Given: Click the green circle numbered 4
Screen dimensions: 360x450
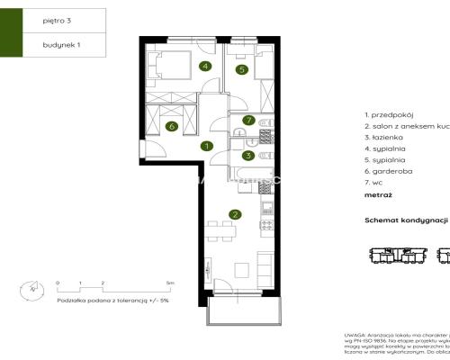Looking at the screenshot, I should tap(206, 67).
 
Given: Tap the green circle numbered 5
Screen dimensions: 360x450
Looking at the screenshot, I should tap(242, 69).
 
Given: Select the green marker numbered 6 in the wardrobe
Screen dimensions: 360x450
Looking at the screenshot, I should tap(172, 126).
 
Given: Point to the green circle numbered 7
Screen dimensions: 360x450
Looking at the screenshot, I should tap(247, 119).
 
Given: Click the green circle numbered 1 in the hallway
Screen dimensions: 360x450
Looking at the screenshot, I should tap(206, 146).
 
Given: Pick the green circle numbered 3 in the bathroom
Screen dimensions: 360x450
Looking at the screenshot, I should tap(247, 155).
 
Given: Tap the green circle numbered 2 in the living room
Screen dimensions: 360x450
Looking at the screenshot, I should tap(235, 214).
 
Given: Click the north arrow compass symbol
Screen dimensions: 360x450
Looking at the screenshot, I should tap(30, 291).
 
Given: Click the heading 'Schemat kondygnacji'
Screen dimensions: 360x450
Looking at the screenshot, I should tap(405, 220).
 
